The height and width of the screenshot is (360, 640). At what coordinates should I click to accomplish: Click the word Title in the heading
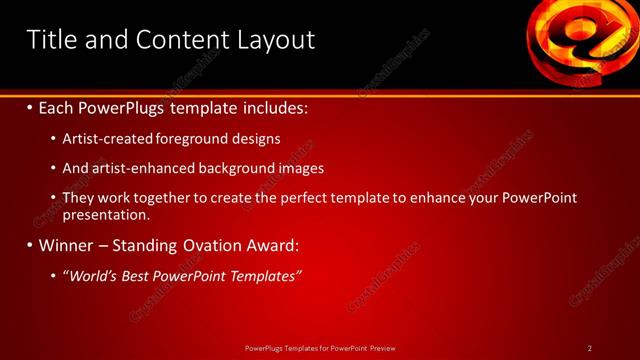tap(51, 40)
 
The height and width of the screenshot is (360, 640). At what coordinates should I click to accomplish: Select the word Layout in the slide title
tap(275, 40)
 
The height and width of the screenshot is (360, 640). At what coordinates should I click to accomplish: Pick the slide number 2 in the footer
tap(590, 348)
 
